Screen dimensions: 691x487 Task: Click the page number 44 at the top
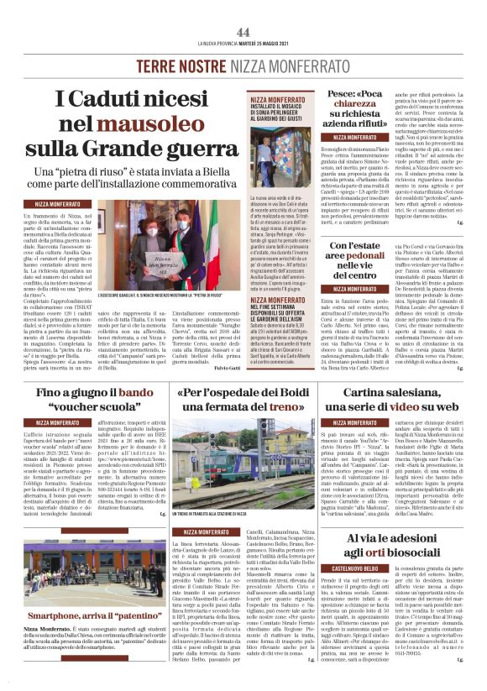tap(243, 32)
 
